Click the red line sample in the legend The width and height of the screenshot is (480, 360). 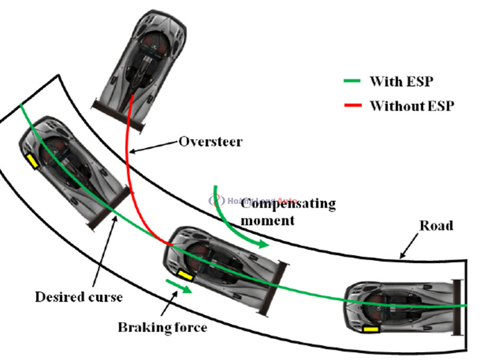[350, 106]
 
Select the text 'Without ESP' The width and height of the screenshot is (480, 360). [412, 106]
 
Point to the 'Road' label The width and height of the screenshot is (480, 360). [437, 226]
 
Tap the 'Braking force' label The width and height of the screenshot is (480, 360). [163, 327]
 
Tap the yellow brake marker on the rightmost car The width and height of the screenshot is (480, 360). [371, 329]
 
